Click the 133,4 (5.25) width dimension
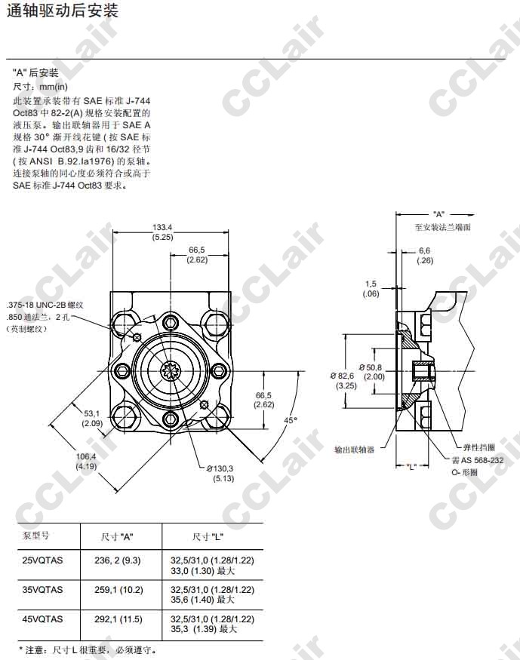coord(162,232)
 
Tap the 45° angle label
coord(291,419)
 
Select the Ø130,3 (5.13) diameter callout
coord(220,474)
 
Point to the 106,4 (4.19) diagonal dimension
coord(86,461)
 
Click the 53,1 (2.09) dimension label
coord(92,418)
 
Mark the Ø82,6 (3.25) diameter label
coord(343,380)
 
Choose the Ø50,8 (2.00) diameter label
coord(372,372)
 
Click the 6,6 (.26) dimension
coord(424,256)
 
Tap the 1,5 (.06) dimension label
coord(371,289)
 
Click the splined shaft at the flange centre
coord(171,371)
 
